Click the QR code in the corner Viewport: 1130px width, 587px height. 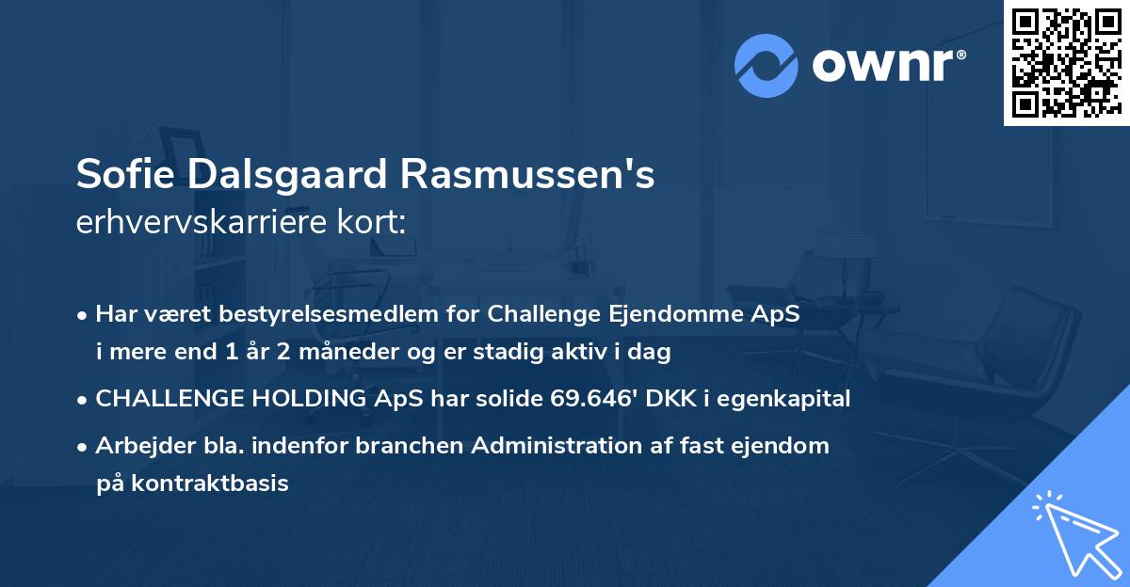tap(1066, 63)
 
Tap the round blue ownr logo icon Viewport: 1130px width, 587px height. tap(767, 65)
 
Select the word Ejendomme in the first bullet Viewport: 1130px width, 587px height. tap(685, 314)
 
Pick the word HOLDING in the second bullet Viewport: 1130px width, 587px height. tap(302, 399)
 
